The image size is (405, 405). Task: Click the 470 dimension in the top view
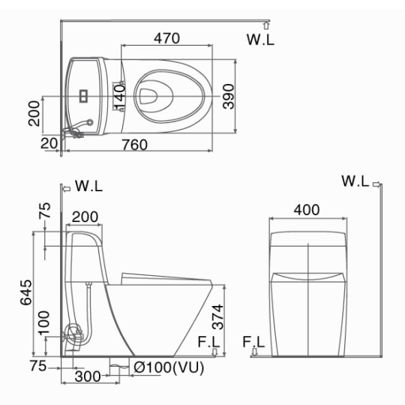166,38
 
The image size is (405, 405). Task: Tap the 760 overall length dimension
135,145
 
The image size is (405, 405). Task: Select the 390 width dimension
229,96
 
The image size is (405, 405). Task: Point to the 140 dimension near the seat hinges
119,97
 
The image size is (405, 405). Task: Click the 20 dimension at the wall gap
49,143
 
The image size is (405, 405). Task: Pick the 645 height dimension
26,292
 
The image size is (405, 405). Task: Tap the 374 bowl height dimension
217,317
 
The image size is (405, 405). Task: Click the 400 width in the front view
307,210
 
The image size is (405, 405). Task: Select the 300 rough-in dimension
88,376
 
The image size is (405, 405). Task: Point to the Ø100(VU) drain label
169,367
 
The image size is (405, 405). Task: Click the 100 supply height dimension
43,323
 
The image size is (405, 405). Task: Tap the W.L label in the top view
260,40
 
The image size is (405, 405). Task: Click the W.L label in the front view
355,181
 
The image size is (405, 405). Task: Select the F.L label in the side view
208,342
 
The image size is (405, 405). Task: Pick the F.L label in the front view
253,342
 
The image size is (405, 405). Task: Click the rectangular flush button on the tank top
83,95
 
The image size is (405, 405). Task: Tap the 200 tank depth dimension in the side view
85,217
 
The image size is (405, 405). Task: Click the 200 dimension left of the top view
34,114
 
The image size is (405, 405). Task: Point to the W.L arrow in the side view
67,189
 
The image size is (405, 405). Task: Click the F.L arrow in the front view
254,352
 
